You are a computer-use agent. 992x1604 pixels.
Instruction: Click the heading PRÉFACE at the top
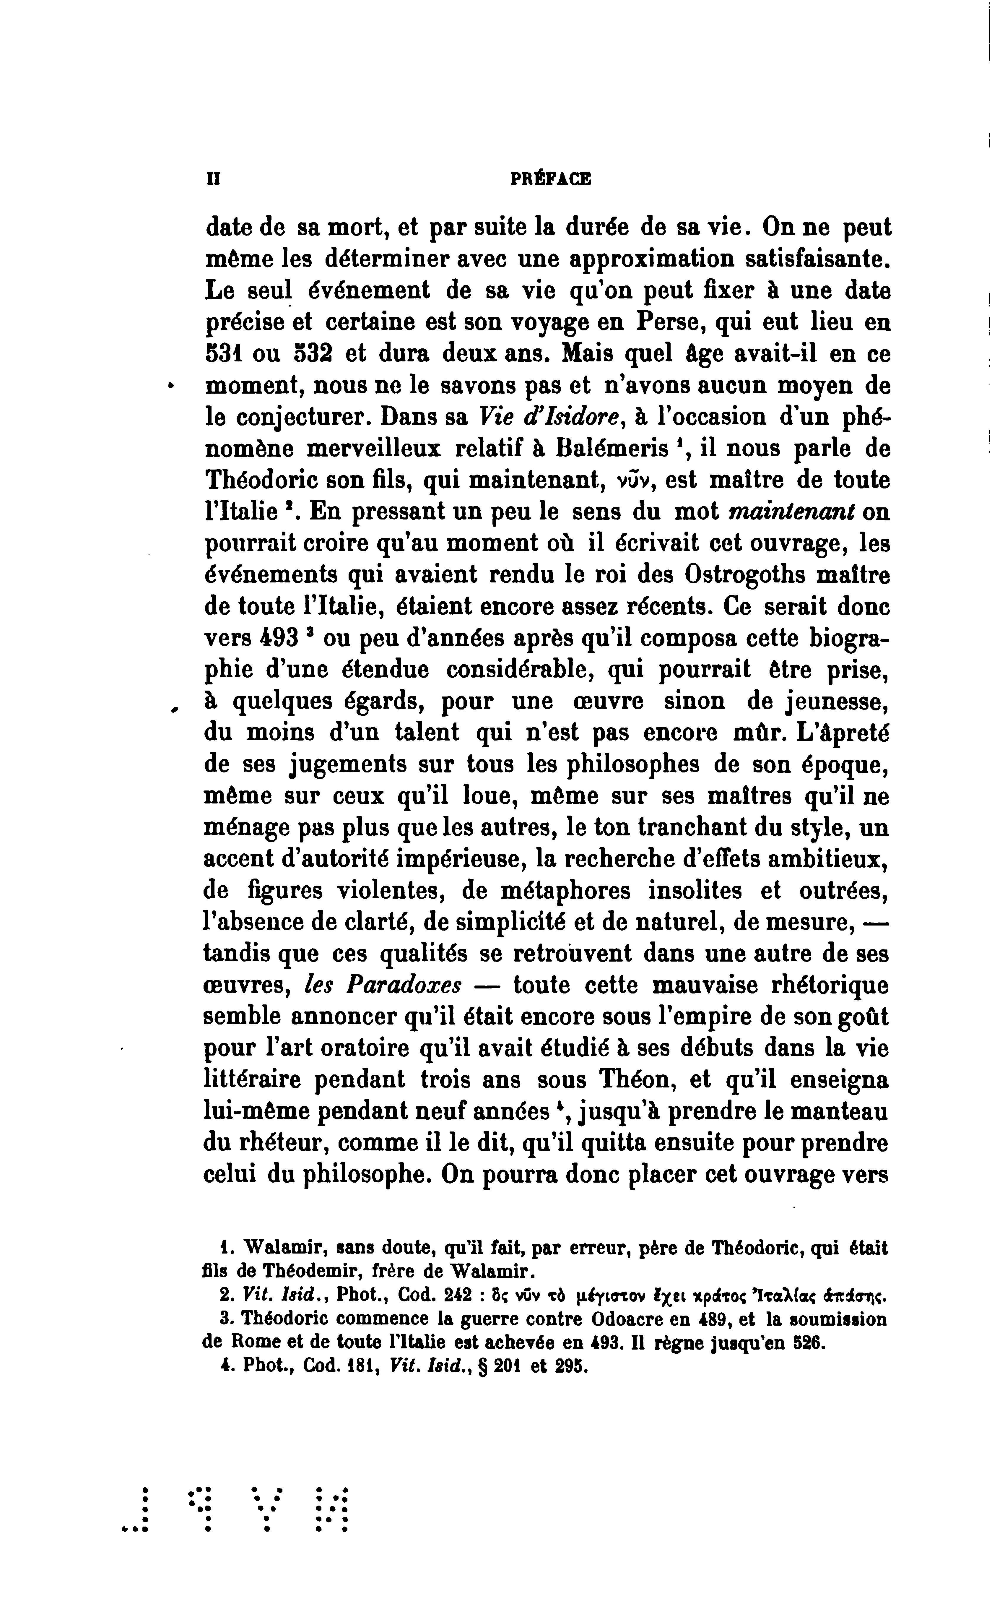pyautogui.click(x=550, y=178)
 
